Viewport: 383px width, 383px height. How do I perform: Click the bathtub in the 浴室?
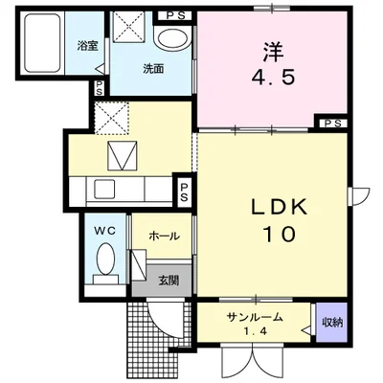click(x=42, y=43)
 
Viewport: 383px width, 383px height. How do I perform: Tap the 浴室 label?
click(x=87, y=46)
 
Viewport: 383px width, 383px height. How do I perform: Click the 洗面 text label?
click(x=153, y=69)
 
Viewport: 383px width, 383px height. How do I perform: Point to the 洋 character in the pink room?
click(x=273, y=53)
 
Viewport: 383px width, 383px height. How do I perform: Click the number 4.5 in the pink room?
click(x=273, y=78)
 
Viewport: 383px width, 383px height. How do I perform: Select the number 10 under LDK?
click(x=279, y=235)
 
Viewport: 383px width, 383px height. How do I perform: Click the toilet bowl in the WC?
click(x=106, y=259)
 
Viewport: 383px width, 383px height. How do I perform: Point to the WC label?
click(x=105, y=231)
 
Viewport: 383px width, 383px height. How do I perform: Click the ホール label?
click(x=164, y=237)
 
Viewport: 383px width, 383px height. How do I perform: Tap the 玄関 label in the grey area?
click(x=169, y=281)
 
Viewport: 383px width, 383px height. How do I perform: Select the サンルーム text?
click(x=255, y=317)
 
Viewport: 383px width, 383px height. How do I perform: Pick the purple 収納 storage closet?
click(x=331, y=323)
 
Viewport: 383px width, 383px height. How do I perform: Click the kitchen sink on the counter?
click(x=104, y=189)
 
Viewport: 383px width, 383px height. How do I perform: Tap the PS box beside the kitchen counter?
click(x=184, y=191)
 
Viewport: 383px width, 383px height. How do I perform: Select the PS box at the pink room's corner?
click(x=333, y=124)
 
